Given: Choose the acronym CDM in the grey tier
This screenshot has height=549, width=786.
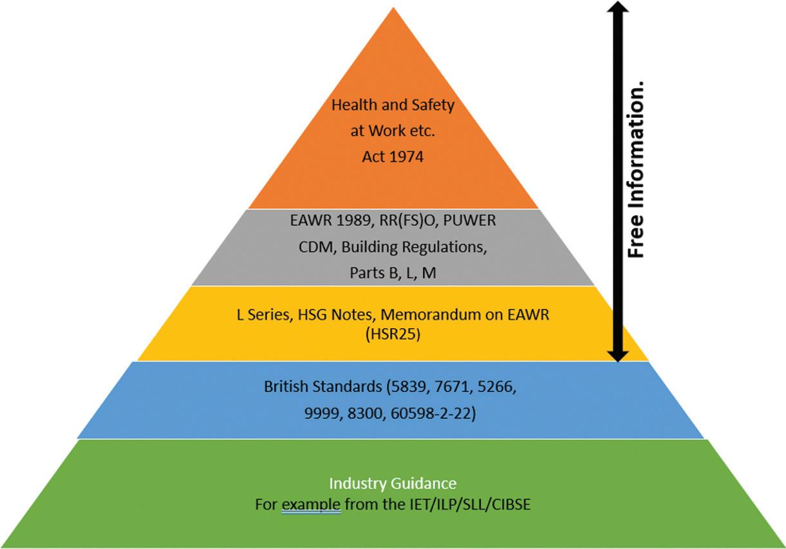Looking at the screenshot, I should pyautogui.click(x=312, y=247).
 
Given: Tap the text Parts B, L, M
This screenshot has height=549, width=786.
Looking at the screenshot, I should pyautogui.click(x=393, y=273).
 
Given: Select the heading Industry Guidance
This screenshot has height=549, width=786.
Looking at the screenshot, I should pyautogui.click(x=393, y=483).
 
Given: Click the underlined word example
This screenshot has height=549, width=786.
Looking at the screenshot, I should pyautogui.click(x=311, y=504).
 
